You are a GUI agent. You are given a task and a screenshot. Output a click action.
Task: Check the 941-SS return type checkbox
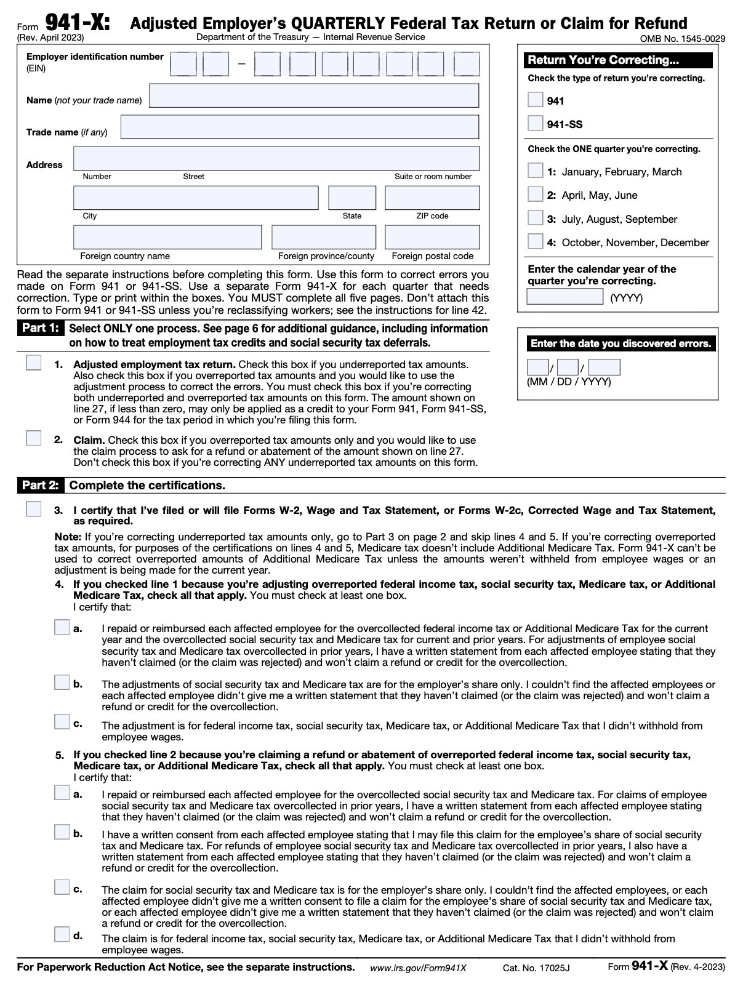point(536,124)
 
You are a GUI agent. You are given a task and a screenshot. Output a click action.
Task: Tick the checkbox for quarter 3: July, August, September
point(536,218)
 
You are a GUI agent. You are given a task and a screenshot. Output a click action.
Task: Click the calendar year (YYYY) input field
point(564,297)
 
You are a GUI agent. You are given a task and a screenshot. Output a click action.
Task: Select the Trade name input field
point(300,127)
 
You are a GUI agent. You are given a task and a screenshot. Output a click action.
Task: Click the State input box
point(351,198)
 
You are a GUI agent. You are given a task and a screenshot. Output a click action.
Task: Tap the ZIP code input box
point(432,198)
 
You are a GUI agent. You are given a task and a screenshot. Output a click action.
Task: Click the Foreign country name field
point(167,237)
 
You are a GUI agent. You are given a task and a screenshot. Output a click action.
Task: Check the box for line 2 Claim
point(34,439)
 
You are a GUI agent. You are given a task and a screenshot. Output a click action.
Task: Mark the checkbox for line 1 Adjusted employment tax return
point(34,363)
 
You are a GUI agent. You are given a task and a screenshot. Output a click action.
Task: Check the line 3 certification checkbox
point(34,509)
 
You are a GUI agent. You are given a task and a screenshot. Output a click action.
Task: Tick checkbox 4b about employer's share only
point(62,683)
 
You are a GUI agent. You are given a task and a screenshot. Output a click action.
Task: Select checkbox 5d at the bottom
point(62,934)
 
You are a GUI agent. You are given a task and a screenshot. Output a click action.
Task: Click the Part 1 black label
point(40,328)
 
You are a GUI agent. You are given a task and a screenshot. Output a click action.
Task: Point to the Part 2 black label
point(40,485)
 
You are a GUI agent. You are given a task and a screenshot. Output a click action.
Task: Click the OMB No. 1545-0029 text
point(682,39)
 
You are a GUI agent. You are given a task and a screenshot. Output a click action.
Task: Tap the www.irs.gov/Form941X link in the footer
point(418,968)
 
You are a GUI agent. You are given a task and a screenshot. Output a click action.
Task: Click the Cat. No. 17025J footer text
point(536,968)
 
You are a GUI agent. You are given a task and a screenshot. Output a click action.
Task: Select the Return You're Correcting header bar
point(618,60)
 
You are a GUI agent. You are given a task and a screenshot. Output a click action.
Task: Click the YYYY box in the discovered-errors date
point(604,368)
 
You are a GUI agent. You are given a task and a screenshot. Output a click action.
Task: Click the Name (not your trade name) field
point(314,95)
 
